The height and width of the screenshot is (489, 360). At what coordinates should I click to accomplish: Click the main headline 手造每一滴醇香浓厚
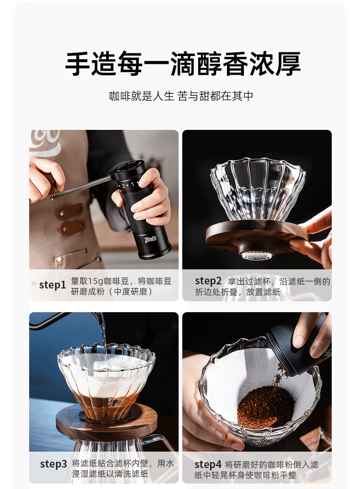click(x=182, y=64)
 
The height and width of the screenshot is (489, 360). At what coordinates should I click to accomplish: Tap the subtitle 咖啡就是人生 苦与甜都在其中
click(x=181, y=96)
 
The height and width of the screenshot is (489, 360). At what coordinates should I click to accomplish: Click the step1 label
click(x=52, y=285)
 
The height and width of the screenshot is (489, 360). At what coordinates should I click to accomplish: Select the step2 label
click(x=208, y=281)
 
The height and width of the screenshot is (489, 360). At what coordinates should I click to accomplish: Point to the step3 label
click(x=53, y=464)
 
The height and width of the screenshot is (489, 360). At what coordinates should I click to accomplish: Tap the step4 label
click(x=208, y=465)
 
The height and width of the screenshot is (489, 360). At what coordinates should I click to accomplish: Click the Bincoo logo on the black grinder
click(x=151, y=240)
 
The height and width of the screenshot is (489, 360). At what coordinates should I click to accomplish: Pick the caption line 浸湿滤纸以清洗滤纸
click(x=110, y=474)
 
